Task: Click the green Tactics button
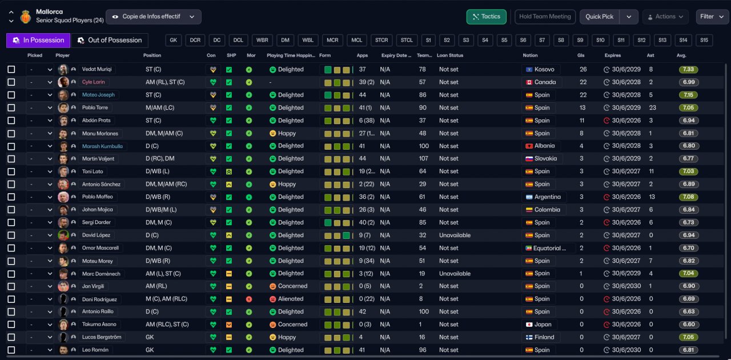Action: tap(486, 17)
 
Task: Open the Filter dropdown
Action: tap(712, 17)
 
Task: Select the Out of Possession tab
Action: tap(110, 40)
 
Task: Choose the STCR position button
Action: tap(381, 40)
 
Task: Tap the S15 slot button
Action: tap(704, 40)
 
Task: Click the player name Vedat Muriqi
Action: tap(97, 69)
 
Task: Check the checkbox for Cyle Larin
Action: tap(11, 82)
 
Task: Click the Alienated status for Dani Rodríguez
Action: tap(291, 299)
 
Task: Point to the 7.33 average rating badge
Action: tap(688, 69)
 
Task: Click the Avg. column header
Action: tap(681, 55)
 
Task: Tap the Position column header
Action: tap(152, 55)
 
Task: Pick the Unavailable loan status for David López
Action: tap(455, 235)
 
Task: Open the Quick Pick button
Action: tap(599, 17)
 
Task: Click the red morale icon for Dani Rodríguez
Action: tap(249, 299)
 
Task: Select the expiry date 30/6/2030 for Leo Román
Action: tap(626, 350)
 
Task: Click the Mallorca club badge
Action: tap(26, 17)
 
